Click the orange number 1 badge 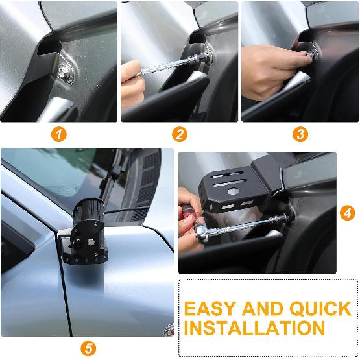60,135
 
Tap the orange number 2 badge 180,135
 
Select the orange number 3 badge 300,135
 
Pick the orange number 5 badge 89,348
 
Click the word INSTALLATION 254,328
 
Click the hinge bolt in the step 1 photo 66,73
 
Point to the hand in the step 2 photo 132,82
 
